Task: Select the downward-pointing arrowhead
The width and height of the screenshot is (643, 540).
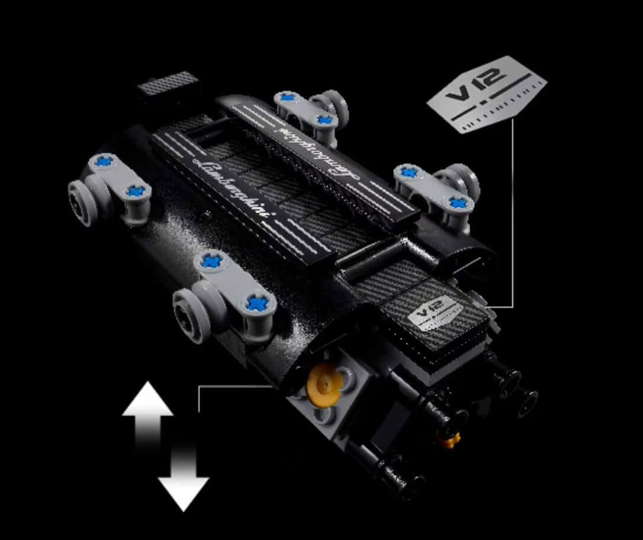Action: [184, 494]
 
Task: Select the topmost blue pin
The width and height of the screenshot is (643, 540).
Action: [286, 98]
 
